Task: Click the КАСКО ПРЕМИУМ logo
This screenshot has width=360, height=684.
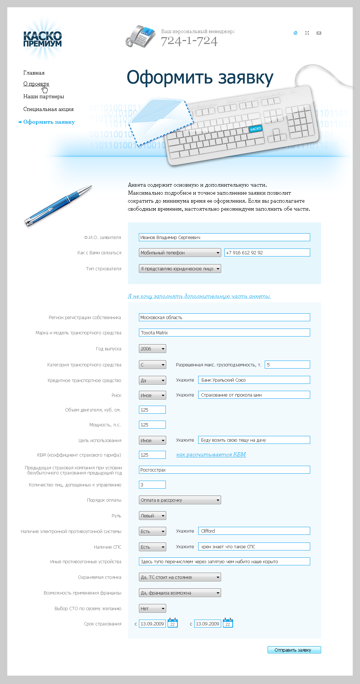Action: (43, 39)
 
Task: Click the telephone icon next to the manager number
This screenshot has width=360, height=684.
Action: (141, 36)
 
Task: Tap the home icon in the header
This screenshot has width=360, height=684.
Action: (295, 33)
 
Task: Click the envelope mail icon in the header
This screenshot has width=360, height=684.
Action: (319, 33)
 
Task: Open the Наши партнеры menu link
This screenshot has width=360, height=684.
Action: (44, 96)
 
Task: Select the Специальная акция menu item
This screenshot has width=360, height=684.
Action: (48, 109)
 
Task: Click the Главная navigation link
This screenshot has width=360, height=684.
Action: (34, 73)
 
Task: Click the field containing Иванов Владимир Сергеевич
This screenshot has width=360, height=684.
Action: (224, 237)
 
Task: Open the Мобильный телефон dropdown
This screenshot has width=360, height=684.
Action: (180, 252)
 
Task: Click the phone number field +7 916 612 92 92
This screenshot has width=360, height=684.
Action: (267, 252)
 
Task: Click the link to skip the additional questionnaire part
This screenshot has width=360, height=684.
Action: (199, 296)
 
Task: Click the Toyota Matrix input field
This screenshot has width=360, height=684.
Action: (224, 333)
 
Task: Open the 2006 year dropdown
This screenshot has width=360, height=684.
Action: (152, 349)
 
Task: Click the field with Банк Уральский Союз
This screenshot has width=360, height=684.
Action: (254, 380)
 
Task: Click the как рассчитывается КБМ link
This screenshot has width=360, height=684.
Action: (211, 454)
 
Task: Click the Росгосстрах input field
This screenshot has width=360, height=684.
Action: (224, 470)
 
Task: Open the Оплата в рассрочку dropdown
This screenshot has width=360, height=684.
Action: (180, 500)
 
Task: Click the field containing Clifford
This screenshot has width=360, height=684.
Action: (254, 531)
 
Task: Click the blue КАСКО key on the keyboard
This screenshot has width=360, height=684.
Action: (256, 129)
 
